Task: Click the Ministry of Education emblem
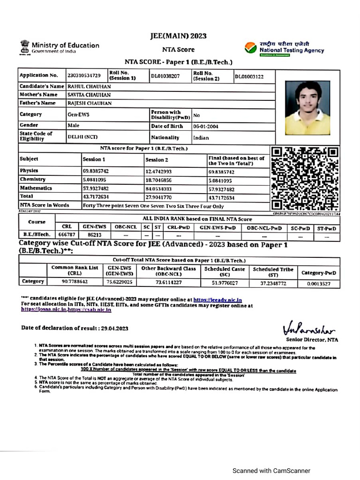tap(24, 46)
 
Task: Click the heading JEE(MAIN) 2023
tap(178, 36)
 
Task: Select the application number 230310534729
tap(84, 75)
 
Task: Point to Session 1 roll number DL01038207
tap(165, 75)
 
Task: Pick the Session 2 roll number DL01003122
tap(249, 76)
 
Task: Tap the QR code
tap(305, 179)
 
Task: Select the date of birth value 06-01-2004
tap(206, 126)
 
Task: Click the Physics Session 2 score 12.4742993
tap(158, 172)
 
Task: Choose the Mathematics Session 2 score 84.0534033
tap(158, 189)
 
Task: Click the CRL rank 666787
tap(66, 234)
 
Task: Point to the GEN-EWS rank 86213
tap(94, 234)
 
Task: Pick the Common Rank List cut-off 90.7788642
tap(75, 282)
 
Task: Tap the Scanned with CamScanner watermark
tap(272, 471)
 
